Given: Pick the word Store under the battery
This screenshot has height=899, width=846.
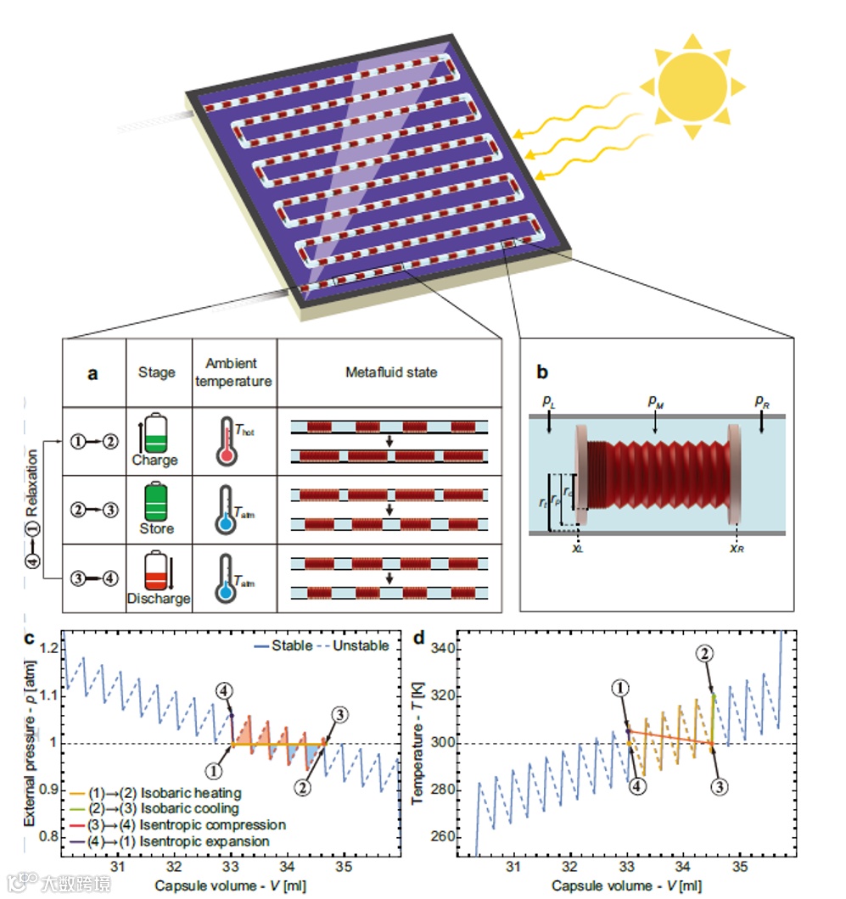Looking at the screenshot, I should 155,528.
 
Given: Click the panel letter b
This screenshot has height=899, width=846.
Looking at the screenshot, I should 545,371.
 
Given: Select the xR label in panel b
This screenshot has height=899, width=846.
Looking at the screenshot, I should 737,548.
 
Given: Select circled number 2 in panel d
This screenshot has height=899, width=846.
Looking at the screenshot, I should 703,653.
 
